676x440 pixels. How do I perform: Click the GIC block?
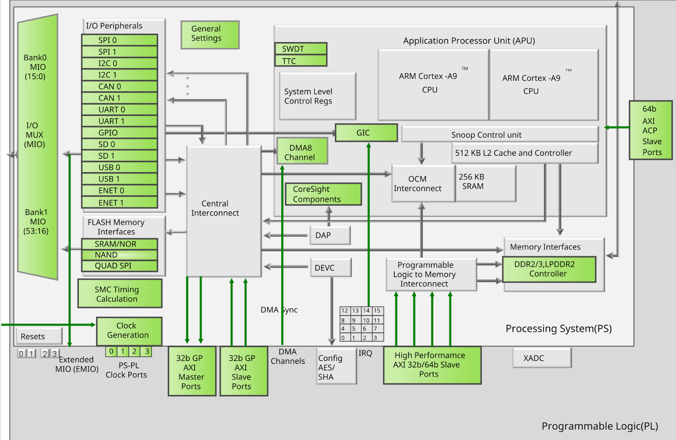click(366, 133)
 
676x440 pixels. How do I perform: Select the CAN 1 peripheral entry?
click(120, 98)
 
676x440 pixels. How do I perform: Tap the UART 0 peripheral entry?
click(120, 109)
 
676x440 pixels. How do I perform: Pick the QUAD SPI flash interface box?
click(120, 266)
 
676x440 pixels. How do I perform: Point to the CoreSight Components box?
click(323, 194)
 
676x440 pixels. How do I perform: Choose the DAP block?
click(330, 235)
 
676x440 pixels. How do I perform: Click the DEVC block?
click(330, 268)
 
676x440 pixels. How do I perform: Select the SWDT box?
click(300, 49)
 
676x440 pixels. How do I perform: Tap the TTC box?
click(300, 61)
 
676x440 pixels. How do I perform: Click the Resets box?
click(38, 336)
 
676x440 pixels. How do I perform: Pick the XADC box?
click(542, 358)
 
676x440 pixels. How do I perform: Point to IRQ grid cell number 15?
click(377, 311)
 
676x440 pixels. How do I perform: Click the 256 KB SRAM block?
click(485, 183)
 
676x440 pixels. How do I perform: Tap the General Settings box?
click(210, 34)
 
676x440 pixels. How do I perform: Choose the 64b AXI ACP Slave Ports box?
click(650, 130)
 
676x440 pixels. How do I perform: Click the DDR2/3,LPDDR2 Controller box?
click(549, 269)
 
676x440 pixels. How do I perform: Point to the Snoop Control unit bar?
click(499, 134)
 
